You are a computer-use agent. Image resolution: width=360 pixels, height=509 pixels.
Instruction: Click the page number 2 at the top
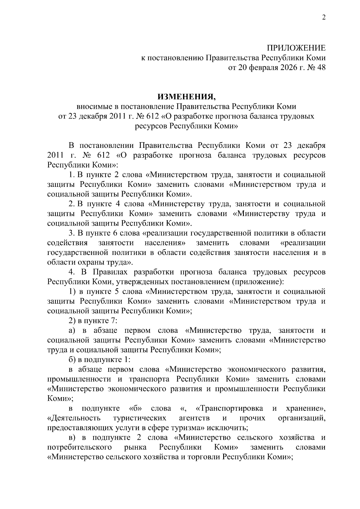coord(324,17)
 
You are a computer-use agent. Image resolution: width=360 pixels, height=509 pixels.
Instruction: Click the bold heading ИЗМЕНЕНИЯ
coord(186,97)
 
